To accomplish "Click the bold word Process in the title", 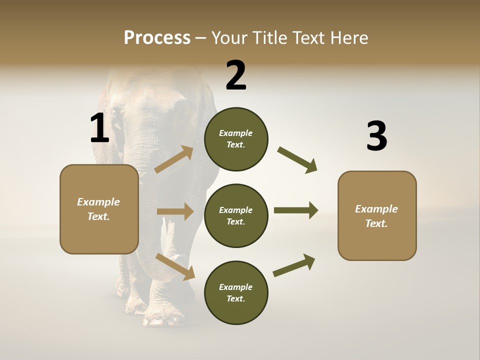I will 157,38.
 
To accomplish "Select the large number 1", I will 99,128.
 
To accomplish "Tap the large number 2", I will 236,75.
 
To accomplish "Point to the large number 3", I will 376,136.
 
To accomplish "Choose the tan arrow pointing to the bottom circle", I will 175,266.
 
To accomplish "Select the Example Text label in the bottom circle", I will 236,293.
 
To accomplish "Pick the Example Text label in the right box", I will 376,216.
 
